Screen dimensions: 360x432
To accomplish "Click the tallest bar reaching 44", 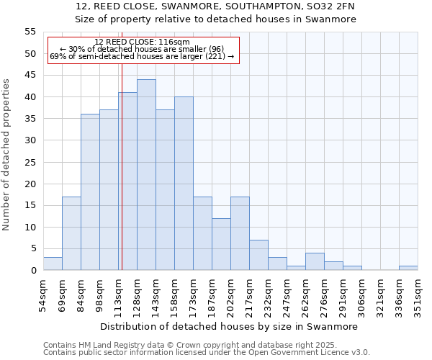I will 146,175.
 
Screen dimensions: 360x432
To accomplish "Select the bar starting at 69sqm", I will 71,233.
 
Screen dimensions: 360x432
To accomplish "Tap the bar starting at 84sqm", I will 90,192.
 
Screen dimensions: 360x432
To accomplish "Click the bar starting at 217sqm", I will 258,255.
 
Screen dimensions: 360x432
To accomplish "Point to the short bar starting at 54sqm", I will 53,264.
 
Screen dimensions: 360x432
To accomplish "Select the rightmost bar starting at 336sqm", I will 408,268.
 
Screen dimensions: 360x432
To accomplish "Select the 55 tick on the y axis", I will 30,32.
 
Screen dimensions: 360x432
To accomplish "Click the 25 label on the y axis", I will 30,162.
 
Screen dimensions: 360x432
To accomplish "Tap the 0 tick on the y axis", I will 33,271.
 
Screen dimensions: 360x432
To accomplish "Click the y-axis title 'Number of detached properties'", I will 7,154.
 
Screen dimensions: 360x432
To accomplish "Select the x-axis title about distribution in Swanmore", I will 228,326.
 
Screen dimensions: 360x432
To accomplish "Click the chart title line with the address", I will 215,6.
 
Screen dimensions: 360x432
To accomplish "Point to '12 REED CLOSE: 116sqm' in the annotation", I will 142,42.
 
